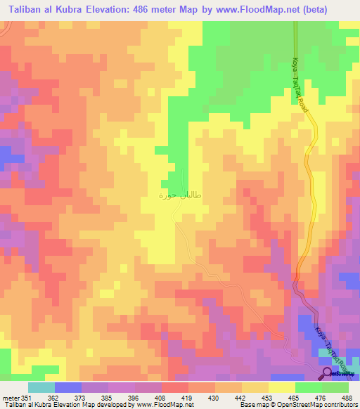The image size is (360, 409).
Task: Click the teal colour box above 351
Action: click(41, 387)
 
